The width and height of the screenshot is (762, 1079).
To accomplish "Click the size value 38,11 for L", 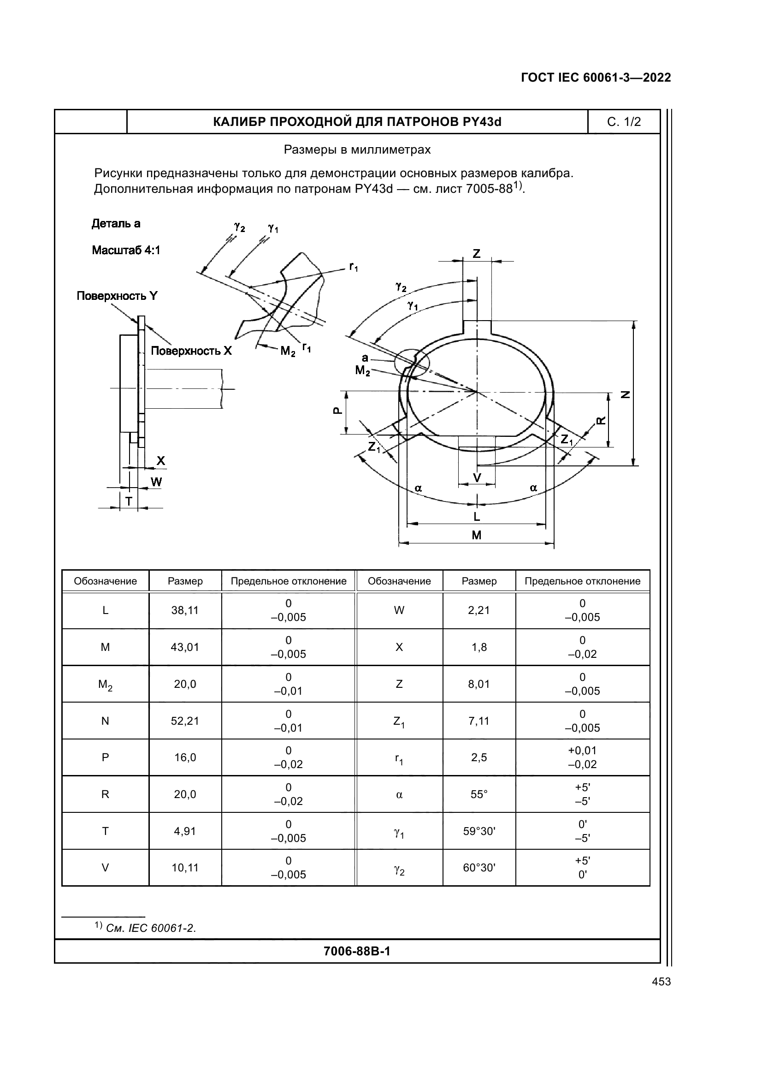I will coord(185,610).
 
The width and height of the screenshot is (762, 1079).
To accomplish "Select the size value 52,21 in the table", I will coord(185,721).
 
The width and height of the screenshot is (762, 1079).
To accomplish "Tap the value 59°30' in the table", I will coord(479,831).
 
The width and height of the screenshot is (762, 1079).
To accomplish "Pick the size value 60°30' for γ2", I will coord(479,868).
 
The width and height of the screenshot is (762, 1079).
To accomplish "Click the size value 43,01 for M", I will coord(185,647).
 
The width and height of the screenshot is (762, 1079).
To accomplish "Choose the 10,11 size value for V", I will coord(185,868).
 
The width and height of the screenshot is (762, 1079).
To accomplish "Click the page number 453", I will coord(661,982).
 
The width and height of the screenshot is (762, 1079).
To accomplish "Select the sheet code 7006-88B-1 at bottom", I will coord(357,952).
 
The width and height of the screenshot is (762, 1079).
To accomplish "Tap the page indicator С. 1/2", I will coord(624,122).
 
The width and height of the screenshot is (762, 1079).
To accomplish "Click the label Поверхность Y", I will coord(117,296).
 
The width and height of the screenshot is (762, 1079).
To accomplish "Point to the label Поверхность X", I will coord(191,351).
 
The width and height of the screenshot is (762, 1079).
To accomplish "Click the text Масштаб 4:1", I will coord(126,250).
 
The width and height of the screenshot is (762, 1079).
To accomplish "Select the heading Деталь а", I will coord(116,224).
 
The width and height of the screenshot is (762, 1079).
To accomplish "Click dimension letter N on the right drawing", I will coord(626,395).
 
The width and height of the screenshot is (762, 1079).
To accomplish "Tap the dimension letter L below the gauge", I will coord(476,517).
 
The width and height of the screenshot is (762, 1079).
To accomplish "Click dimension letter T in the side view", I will coord(128,502).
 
